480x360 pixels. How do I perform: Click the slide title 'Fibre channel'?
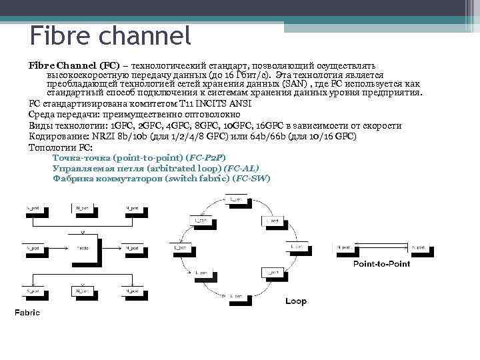(x=110, y=34)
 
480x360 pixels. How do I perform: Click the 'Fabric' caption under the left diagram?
(x=27, y=312)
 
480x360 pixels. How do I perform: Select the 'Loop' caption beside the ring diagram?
(x=296, y=301)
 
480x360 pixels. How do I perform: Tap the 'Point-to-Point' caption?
(x=381, y=264)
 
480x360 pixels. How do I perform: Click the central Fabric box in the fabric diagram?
(x=82, y=247)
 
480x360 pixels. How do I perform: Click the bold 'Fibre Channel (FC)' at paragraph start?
(x=74, y=66)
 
